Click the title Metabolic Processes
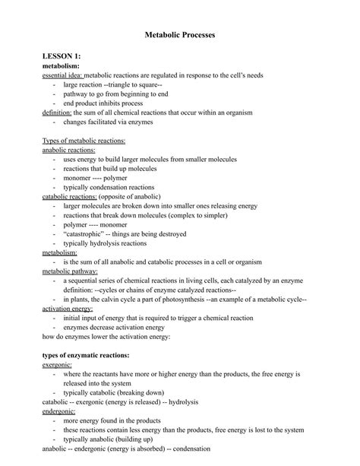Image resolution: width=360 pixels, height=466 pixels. [x=180, y=35]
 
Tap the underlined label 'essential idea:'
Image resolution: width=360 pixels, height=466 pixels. [x=62, y=76]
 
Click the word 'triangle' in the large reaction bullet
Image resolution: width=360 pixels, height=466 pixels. [x=132, y=85]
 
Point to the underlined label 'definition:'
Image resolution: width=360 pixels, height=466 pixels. [x=56, y=113]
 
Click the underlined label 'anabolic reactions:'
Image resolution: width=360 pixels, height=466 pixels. [x=68, y=150]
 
